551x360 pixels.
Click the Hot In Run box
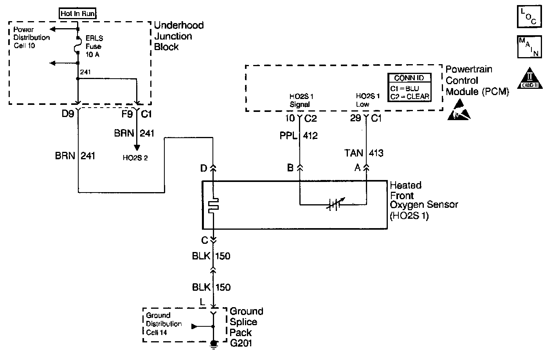coord(78,14)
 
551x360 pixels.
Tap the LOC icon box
coord(529,16)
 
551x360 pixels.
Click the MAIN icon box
coord(529,46)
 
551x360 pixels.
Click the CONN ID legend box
coord(409,88)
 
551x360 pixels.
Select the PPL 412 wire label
coord(299,136)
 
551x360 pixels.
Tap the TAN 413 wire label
coord(364,153)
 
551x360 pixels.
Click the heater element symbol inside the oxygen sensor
coord(214,205)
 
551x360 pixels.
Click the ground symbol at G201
coord(214,344)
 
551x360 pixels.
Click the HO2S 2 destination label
coord(135,158)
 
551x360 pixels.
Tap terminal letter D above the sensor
coord(203,168)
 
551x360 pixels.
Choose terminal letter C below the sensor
coord(204,239)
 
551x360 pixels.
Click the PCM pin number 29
coord(355,118)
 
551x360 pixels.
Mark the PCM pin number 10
coord(290,118)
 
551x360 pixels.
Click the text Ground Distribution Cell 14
coord(164,324)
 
